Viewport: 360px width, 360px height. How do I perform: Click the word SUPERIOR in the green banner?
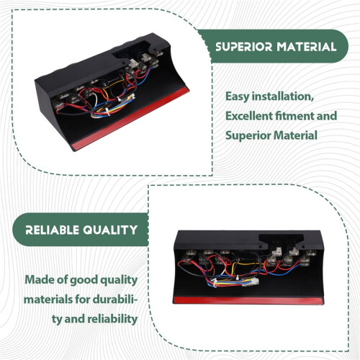point(244,47)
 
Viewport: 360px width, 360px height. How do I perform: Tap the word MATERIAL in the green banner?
point(307,47)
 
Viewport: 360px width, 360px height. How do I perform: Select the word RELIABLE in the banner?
point(52,230)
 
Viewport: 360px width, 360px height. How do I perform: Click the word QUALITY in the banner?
point(110,230)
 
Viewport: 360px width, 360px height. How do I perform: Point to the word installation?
point(282,96)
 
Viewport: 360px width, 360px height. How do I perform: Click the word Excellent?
point(248,116)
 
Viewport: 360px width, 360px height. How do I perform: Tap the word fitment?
point(294,116)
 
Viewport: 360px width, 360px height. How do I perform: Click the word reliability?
point(112,320)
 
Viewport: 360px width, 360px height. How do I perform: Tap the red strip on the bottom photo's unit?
point(248,301)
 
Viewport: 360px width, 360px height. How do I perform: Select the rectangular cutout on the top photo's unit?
point(132,50)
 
